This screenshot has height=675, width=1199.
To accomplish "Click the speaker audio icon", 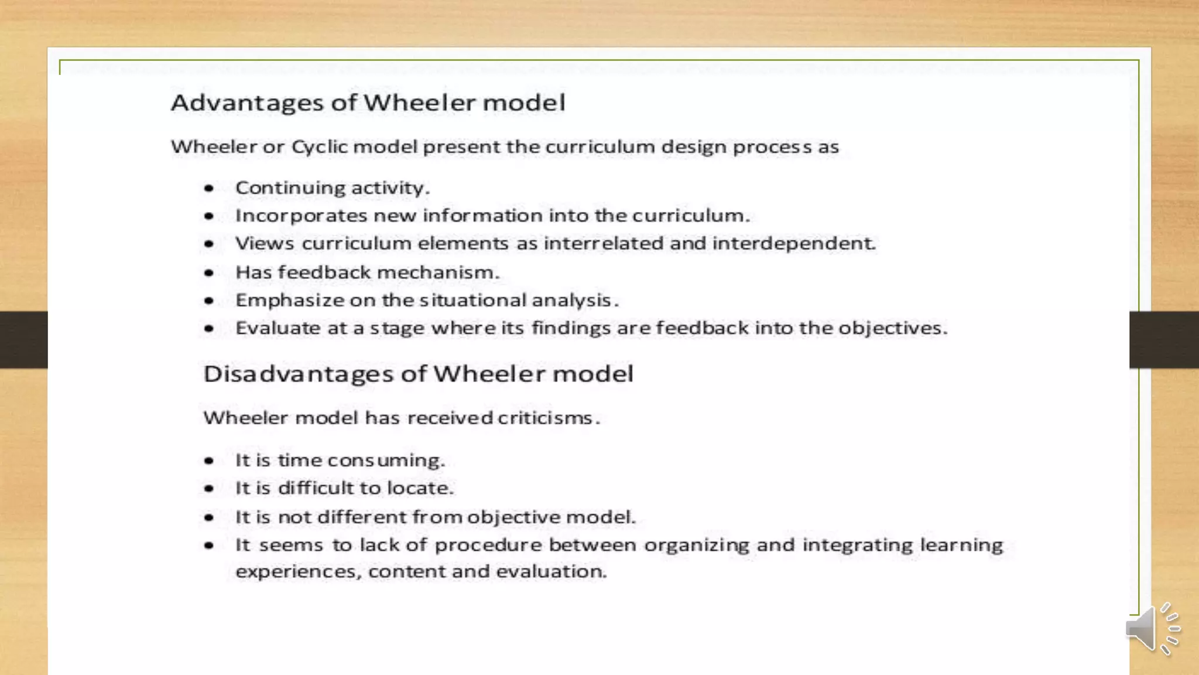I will point(1151,629).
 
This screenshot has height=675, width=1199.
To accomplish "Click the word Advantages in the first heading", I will point(246,103).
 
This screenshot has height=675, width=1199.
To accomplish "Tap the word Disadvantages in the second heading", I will point(298,374).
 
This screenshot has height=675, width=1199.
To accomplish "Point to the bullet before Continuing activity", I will point(209,189).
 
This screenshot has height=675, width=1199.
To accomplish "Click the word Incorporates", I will point(301,216).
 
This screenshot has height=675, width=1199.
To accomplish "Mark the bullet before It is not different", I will point(209,517).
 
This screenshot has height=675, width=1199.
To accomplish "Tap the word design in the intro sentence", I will point(694,147).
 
